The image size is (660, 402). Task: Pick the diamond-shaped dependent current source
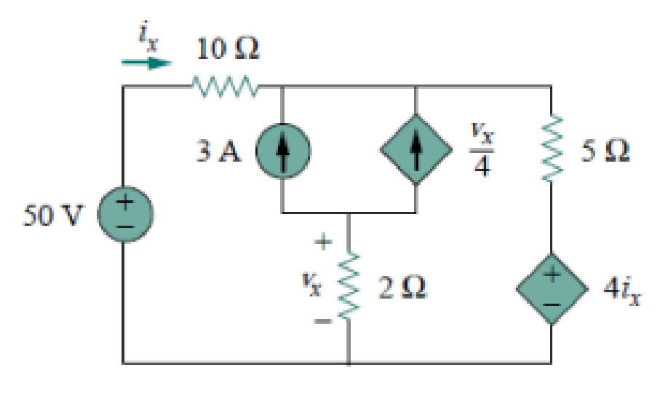click(415, 149)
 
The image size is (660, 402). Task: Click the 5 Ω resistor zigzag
click(550, 149)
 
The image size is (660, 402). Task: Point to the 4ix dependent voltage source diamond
click(550, 288)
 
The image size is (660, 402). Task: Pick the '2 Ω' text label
click(402, 288)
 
